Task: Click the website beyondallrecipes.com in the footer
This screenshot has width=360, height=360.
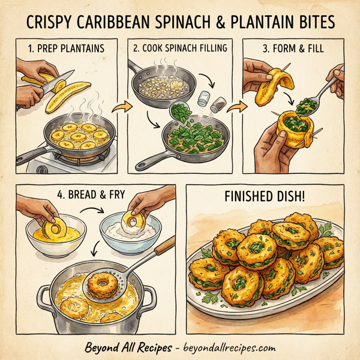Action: pos(223,346)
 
